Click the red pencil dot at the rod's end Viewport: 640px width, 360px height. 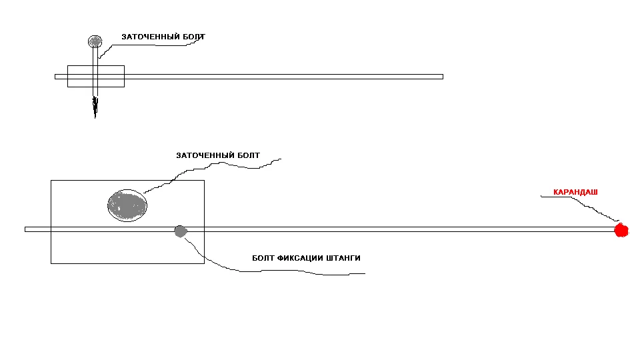(x=621, y=231)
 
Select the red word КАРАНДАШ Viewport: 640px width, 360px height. (x=575, y=193)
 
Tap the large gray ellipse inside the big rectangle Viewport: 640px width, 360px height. (x=127, y=205)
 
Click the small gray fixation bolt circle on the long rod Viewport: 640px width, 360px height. (x=180, y=231)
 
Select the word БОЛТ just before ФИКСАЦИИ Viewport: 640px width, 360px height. (x=263, y=258)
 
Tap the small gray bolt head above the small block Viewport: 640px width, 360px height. (x=95, y=42)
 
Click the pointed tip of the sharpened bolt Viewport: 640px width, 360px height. (x=95, y=115)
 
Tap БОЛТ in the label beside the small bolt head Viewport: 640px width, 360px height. (x=194, y=37)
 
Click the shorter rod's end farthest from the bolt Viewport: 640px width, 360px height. (x=441, y=77)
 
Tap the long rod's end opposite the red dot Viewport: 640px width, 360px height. (x=27, y=229)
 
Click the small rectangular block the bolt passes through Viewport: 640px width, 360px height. (x=113, y=76)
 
